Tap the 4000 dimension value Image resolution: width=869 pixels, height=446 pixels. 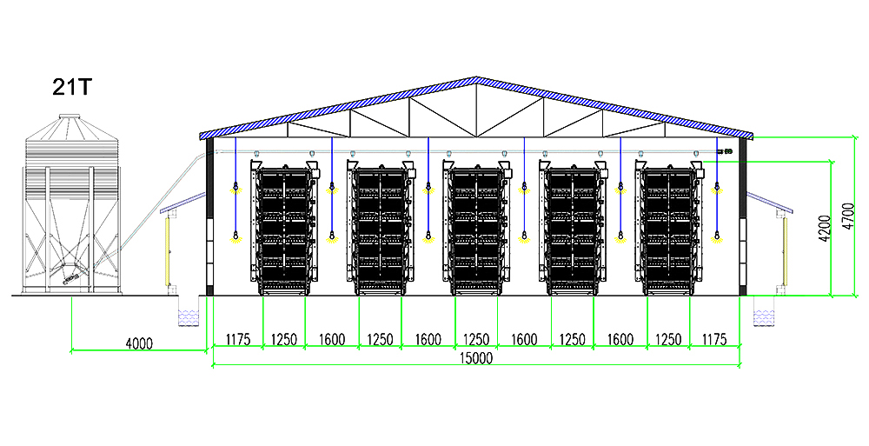tap(139, 343)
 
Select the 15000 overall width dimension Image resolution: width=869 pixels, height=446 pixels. tap(475, 357)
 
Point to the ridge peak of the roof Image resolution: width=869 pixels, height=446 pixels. tap(475, 80)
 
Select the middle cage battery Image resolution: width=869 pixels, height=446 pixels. tap(475, 228)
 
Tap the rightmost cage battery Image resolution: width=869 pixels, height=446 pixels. tap(668, 228)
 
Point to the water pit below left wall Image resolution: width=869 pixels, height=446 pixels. tap(187, 314)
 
